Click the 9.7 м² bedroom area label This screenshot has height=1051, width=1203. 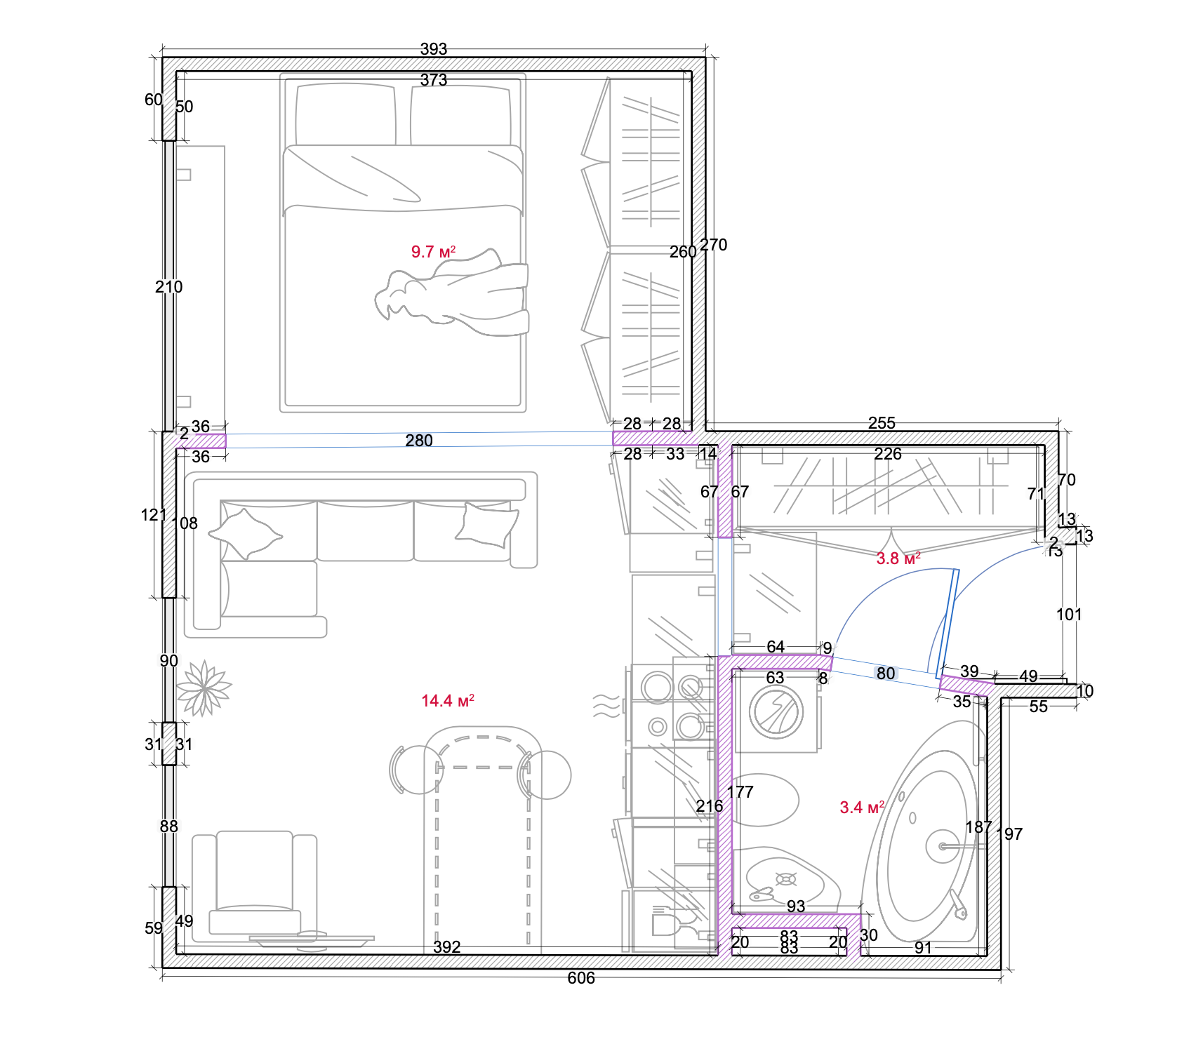[x=433, y=252]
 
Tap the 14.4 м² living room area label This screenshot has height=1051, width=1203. [x=447, y=701]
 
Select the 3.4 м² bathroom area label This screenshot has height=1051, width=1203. [x=862, y=808]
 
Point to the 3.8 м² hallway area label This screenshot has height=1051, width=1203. [x=898, y=558]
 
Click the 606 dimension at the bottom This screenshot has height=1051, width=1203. [x=581, y=978]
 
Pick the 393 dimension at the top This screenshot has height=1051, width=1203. [x=434, y=49]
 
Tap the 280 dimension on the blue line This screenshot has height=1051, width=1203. [x=419, y=441]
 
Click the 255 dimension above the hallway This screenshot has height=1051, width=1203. [x=882, y=423]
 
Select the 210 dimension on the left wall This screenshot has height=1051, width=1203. [x=168, y=287]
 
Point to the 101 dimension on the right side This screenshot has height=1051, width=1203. [x=1069, y=615]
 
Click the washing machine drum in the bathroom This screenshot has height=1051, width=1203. [x=776, y=712]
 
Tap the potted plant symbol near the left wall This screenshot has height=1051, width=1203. [x=204, y=688]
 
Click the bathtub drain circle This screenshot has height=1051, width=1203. [x=941, y=846]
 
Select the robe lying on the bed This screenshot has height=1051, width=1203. [x=456, y=295]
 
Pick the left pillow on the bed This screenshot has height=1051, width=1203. [x=345, y=116]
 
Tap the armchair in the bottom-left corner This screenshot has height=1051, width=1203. [x=255, y=884]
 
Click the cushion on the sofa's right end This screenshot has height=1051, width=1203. [x=487, y=525]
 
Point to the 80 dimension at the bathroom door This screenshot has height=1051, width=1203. [x=886, y=674]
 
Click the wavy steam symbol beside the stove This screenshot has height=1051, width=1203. [x=606, y=705]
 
